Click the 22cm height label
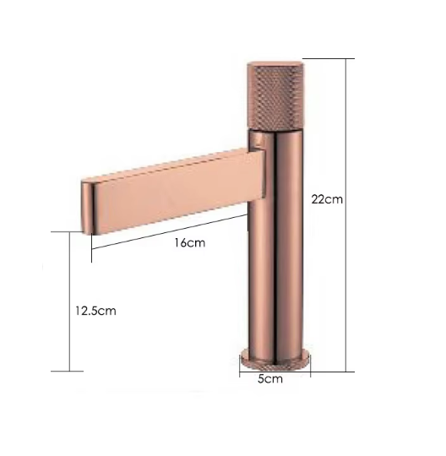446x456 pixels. click(327, 200)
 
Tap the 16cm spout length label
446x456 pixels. click(190, 242)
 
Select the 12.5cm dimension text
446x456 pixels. click(95, 311)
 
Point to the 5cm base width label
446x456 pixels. click(270, 378)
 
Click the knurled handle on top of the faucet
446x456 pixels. click(275, 95)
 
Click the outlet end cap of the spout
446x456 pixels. click(86, 208)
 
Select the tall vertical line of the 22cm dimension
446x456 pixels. click(346, 215)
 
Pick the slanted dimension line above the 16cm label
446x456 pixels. click(169, 231)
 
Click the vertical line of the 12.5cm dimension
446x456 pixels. click(69, 301)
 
